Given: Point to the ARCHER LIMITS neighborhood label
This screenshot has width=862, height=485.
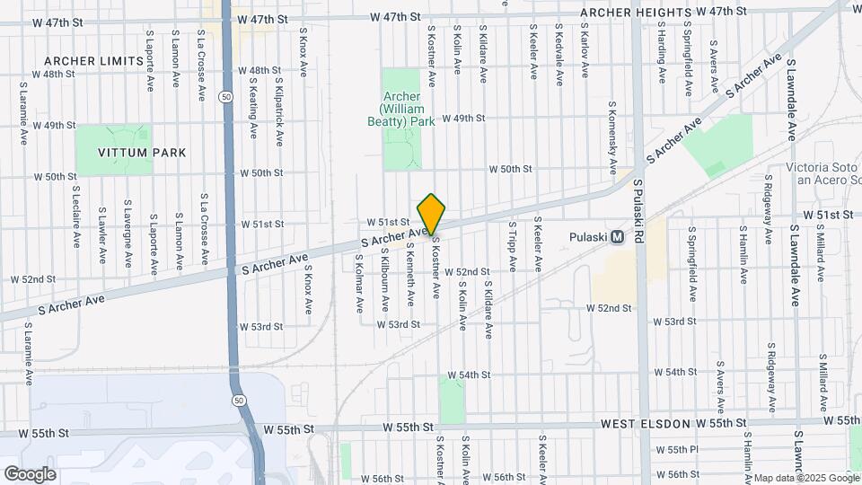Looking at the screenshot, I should pyautogui.click(x=93, y=60).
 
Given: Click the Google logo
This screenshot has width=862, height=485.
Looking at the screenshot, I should pyautogui.click(x=30, y=473).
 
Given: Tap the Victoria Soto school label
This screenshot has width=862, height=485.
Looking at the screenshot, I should pyautogui.click(x=822, y=173).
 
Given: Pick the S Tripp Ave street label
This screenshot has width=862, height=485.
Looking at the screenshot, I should pyautogui.click(x=513, y=246).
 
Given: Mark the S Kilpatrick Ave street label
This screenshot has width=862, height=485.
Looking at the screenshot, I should pyautogui.click(x=280, y=112).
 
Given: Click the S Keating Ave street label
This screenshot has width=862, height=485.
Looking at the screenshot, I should pyautogui.click(x=253, y=107).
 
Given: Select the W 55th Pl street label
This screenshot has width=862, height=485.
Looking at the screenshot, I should pyautogui.click(x=677, y=449).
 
